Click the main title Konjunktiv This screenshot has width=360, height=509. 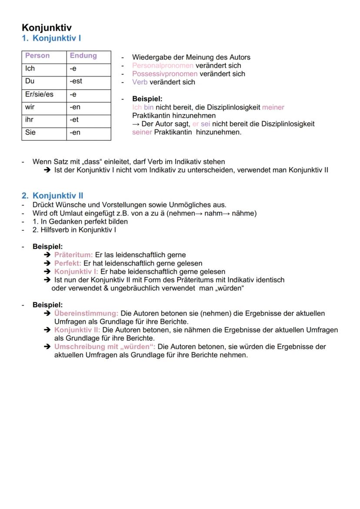point(47,28)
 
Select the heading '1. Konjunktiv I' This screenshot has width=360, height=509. point(51,38)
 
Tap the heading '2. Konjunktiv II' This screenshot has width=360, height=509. point(53,196)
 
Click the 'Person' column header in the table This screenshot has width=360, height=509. point(37,56)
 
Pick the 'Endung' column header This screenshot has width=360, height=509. point(83,56)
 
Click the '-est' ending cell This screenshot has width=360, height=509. point(76,81)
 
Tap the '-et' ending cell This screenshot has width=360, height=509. point(74,120)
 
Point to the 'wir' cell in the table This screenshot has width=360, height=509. point(30,107)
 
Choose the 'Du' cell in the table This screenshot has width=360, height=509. point(30,81)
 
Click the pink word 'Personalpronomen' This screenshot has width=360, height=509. point(163,66)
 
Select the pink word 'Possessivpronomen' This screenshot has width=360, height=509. point(165,74)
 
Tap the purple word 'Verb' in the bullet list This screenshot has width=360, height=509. point(140,82)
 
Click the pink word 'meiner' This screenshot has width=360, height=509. point(273,107)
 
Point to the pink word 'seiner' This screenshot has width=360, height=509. point(142,132)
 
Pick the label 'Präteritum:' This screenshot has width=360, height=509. point(73,255)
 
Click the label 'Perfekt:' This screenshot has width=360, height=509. point(68,263)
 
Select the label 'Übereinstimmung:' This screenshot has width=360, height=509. point(86,313)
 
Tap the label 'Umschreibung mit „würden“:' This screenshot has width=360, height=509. point(105,347)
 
